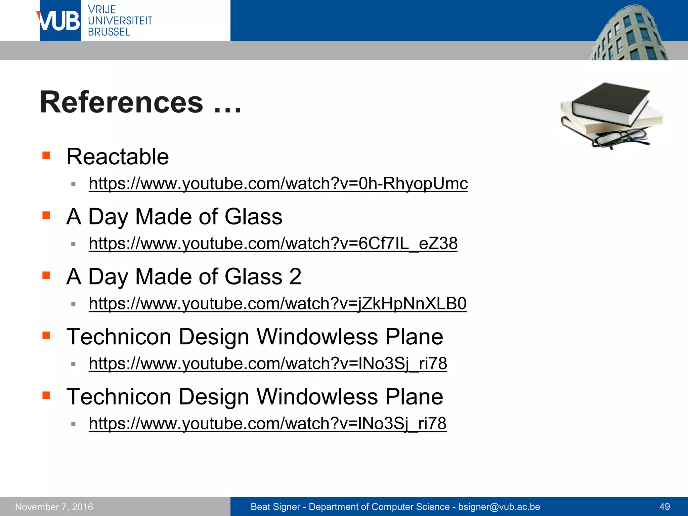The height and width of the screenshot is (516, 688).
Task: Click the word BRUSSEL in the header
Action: pyautogui.click(x=109, y=32)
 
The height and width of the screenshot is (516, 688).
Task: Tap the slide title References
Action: pyautogui.click(x=121, y=102)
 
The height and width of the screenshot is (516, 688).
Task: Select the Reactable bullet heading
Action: pyautogui.click(x=118, y=157)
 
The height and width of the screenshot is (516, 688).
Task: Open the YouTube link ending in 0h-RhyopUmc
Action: pyautogui.click(x=278, y=184)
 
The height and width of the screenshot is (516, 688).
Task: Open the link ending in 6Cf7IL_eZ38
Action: pyautogui.click(x=273, y=244)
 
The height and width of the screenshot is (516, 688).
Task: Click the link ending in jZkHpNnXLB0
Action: pyautogui.click(x=277, y=304)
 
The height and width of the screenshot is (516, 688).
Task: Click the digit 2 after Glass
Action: pyautogui.click(x=295, y=277)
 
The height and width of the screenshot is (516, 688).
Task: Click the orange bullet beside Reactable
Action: pyautogui.click(x=46, y=155)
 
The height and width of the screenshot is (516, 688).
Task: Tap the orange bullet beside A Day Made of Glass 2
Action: pyautogui.click(x=46, y=275)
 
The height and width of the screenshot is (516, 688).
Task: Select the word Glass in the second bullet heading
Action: pyautogui.click(x=253, y=217)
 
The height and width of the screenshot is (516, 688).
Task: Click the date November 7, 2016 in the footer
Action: pyautogui.click(x=54, y=507)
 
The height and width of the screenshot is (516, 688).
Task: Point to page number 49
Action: pyautogui.click(x=664, y=507)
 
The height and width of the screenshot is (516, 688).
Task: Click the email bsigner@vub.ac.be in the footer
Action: pyautogui.click(x=499, y=507)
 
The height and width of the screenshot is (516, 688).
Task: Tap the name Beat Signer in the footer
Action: pyautogui.click(x=275, y=507)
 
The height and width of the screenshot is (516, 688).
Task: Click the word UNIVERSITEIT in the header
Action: pyautogui.click(x=120, y=21)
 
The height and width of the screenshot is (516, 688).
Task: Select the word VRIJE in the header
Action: pyautogui.click(x=102, y=9)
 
